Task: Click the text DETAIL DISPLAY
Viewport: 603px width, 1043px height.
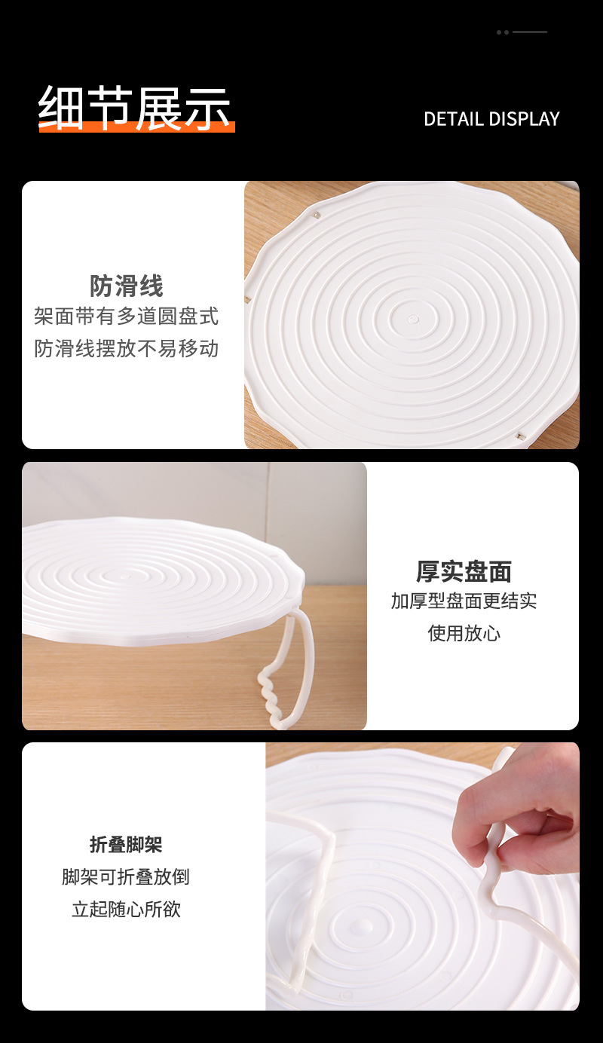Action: point(491,119)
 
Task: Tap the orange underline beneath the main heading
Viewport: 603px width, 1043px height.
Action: point(136,128)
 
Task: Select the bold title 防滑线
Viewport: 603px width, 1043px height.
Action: point(126,286)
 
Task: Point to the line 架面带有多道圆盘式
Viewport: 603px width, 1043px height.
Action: point(126,317)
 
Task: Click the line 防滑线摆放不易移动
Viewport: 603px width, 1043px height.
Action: point(126,349)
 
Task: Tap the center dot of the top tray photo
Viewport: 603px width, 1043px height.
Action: point(412,320)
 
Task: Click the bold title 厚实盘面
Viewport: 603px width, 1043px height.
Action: point(464,571)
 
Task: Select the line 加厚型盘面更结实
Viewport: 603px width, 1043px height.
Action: point(464,601)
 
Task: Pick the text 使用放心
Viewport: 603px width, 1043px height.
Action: point(464,633)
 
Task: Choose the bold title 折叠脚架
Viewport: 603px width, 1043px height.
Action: point(126,845)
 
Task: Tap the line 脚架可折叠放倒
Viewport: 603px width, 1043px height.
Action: point(126,877)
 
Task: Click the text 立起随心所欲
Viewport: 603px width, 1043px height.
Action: point(126,910)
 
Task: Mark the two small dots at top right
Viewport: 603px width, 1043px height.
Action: point(503,32)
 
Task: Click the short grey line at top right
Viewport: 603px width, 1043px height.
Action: point(530,32)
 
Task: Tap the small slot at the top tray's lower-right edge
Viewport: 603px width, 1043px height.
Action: point(519,436)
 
